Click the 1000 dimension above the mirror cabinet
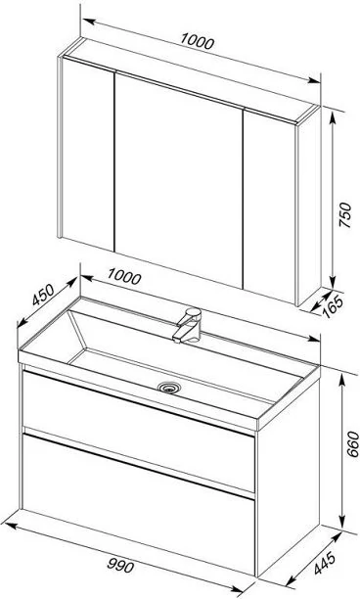click(197, 41)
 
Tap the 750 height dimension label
click(344, 215)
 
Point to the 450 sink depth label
click(43, 295)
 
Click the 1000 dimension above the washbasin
click(123, 276)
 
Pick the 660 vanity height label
click(353, 444)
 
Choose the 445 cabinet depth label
click(325, 563)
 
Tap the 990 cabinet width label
click(120, 565)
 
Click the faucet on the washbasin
click(188, 325)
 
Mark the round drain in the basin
click(169, 388)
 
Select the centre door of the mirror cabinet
click(179, 181)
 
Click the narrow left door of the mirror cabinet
click(88, 154)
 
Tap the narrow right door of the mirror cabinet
click(270, 207)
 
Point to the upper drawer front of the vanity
click(139, 432)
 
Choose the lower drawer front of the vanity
click(139, 505)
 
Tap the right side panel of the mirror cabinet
click(309, 206)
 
